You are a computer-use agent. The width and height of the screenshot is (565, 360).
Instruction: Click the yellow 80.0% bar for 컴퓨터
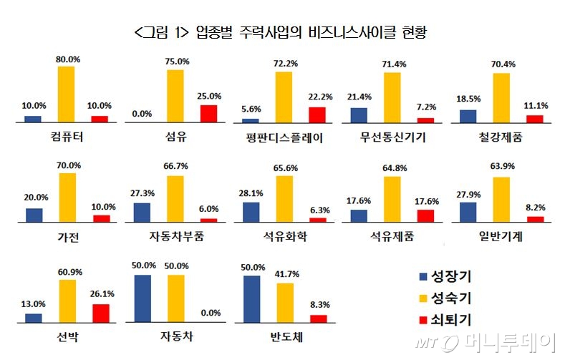(x=66, y=94)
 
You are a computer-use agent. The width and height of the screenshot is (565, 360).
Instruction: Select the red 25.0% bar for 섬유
(x=208, y=114)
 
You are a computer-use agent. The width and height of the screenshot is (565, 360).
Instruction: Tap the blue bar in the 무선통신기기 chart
(x=359, y=115)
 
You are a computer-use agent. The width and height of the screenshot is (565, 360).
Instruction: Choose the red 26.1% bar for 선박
(x=101, y=313)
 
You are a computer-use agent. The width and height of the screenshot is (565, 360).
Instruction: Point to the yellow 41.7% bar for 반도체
(x=285, y=303)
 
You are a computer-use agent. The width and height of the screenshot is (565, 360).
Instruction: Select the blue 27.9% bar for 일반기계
(x=468, y=213)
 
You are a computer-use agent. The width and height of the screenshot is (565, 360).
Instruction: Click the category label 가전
(x=67, y=237)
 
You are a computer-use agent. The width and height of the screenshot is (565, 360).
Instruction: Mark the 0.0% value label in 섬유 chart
(x=143, y=113)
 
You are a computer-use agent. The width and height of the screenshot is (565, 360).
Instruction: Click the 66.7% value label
(x=175, y=166)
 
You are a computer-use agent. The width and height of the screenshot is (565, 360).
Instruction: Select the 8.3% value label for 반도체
(x=317, y=304)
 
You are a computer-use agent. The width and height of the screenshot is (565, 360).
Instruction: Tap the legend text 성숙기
(x=452, y=297)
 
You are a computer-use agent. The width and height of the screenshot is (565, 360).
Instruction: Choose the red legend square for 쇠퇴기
(x=421, y=317)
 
